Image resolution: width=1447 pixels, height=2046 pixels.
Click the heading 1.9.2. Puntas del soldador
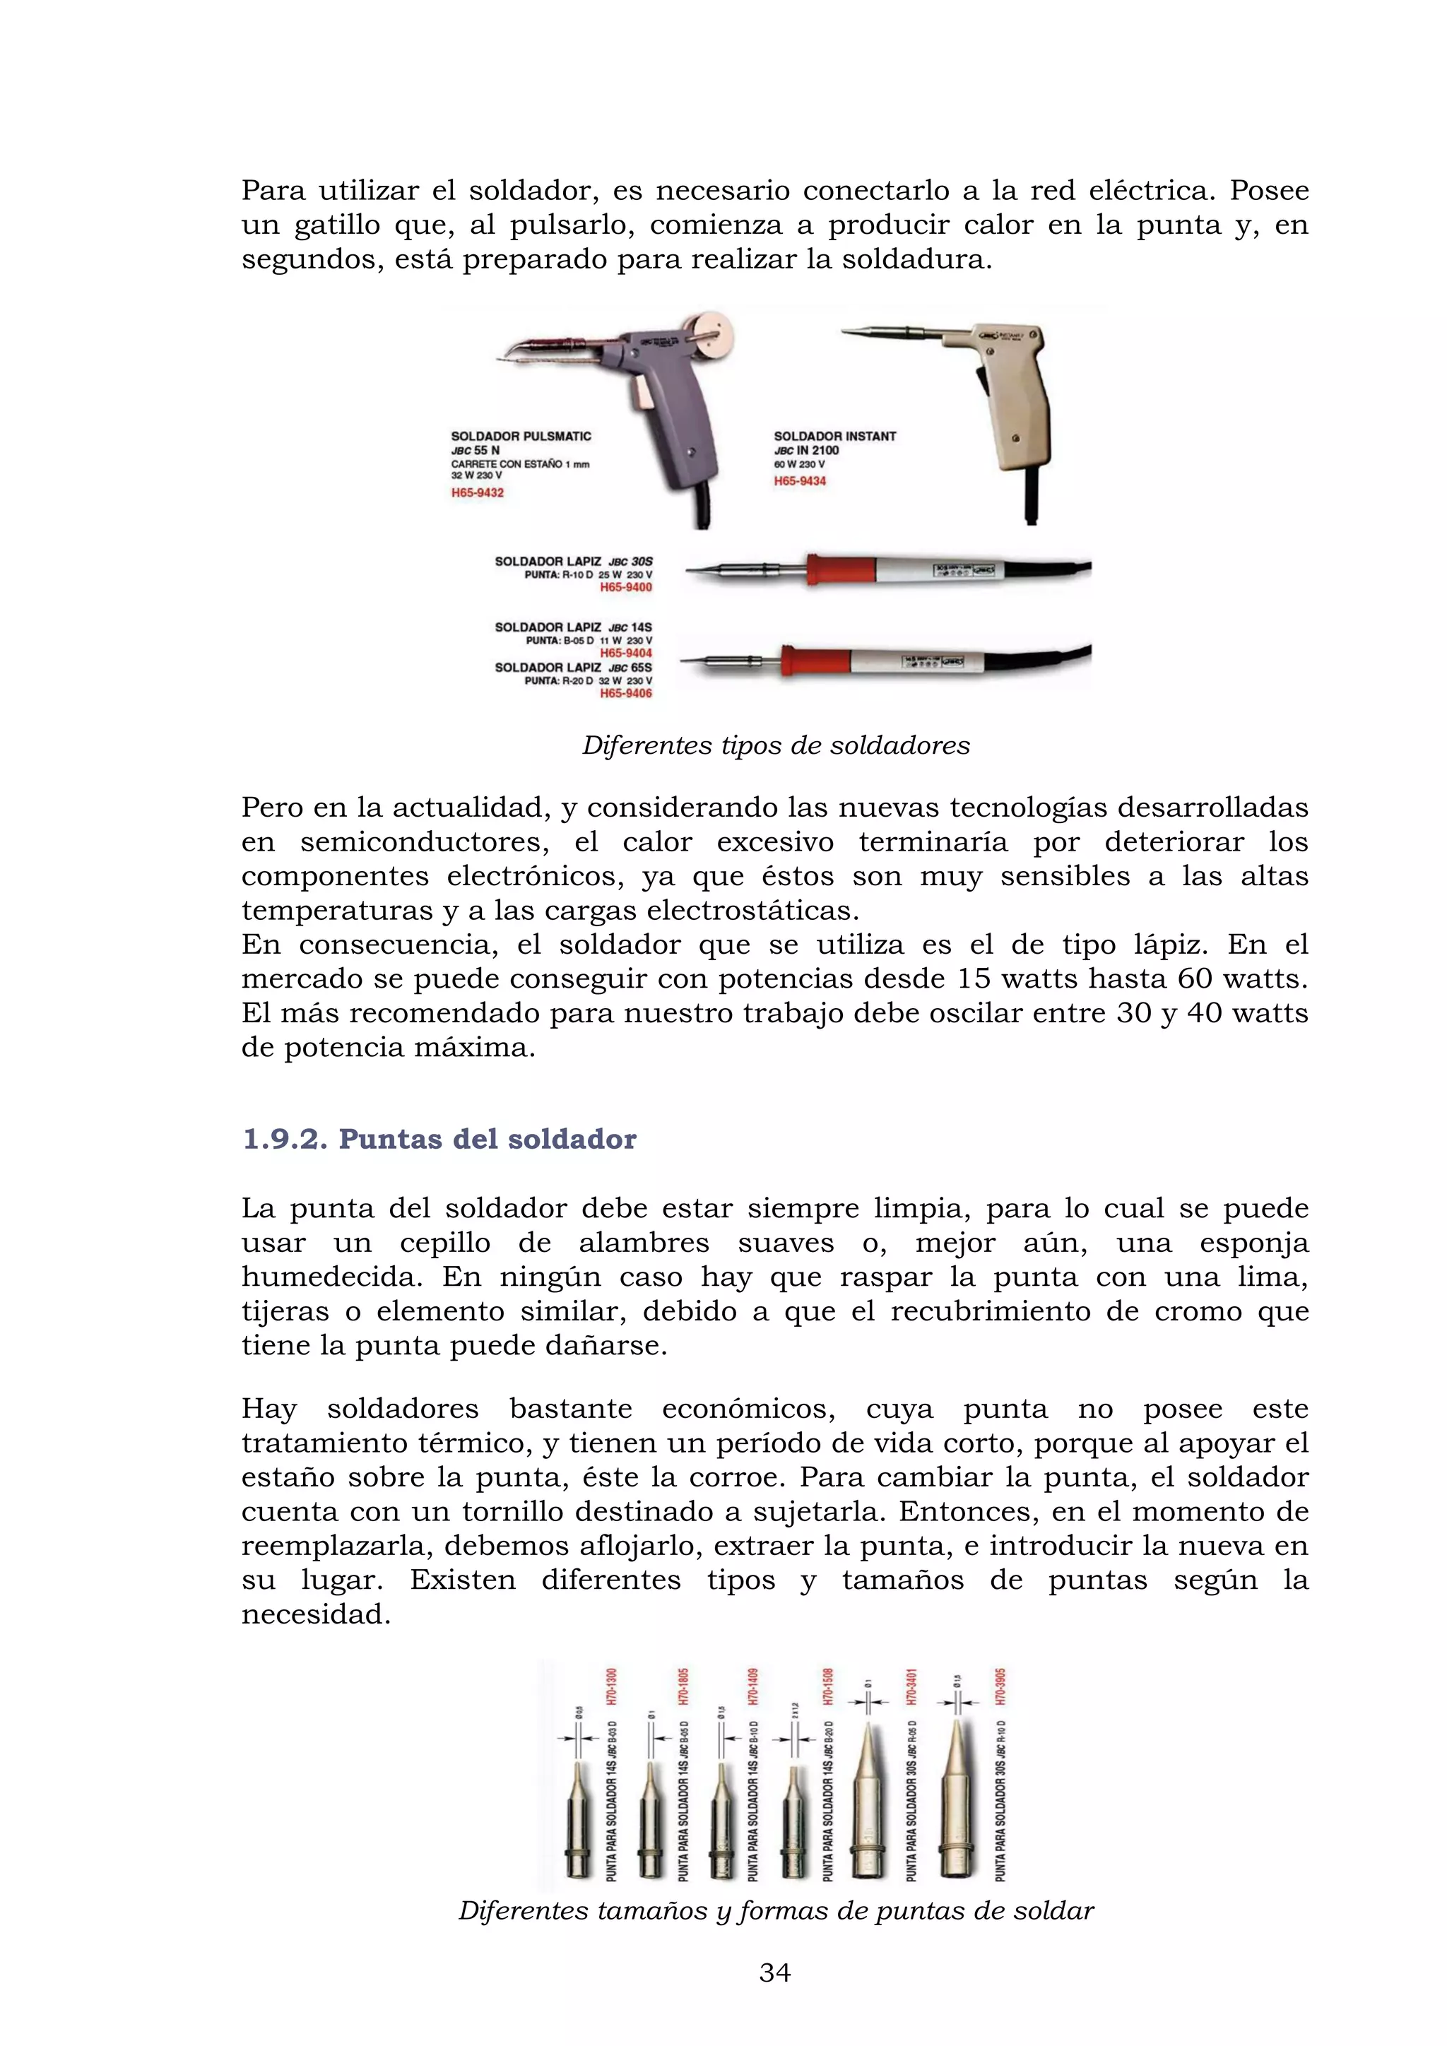[439, 1139]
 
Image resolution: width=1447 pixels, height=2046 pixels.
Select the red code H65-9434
[799, 481]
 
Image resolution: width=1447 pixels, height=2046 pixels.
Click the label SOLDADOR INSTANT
[834, 436]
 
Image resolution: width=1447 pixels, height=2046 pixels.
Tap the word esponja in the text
[1253, 1243]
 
